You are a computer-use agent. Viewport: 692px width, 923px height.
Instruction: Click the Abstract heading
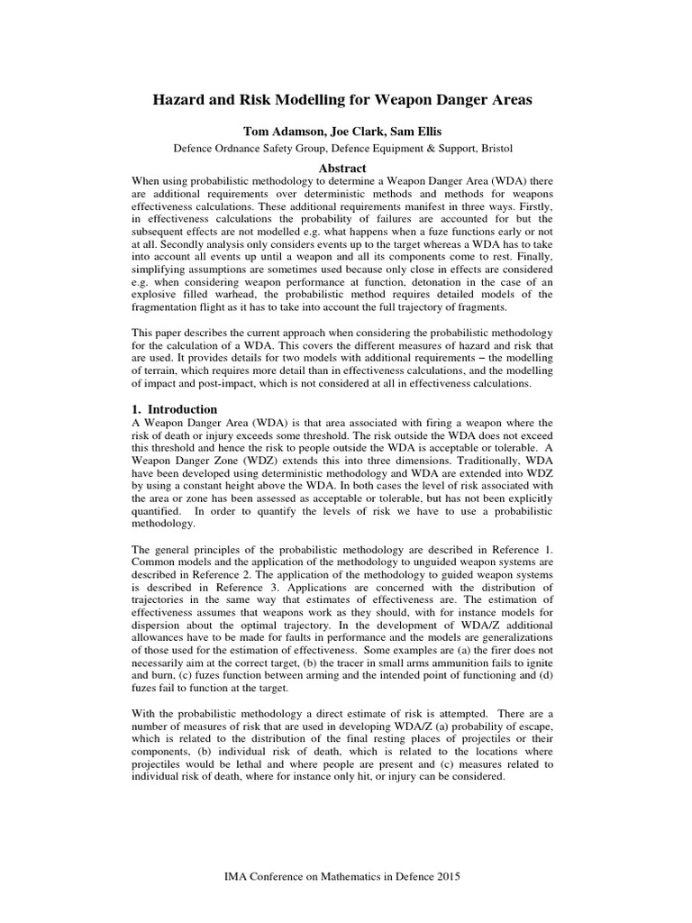(346, 168)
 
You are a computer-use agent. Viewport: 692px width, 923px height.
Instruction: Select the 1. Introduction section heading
(175, 409)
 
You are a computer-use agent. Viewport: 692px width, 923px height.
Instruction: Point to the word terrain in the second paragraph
(169, 381)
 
